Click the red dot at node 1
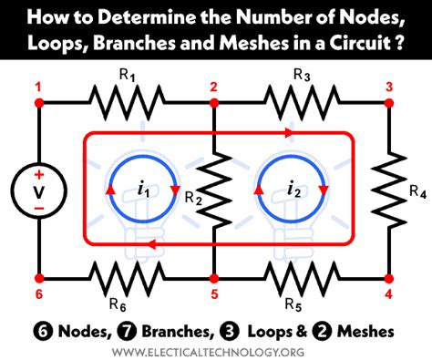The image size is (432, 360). pos(38,102)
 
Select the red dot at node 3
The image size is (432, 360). pos(389,102)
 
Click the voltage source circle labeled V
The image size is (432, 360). pos(38,190)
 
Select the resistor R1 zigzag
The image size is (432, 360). pos(126,102)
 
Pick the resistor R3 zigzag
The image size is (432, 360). pos(303,102)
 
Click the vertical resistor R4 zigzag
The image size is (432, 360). pos(389,190)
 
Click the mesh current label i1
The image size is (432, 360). pos(143,191)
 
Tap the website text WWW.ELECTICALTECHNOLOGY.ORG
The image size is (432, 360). pos(216,347)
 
